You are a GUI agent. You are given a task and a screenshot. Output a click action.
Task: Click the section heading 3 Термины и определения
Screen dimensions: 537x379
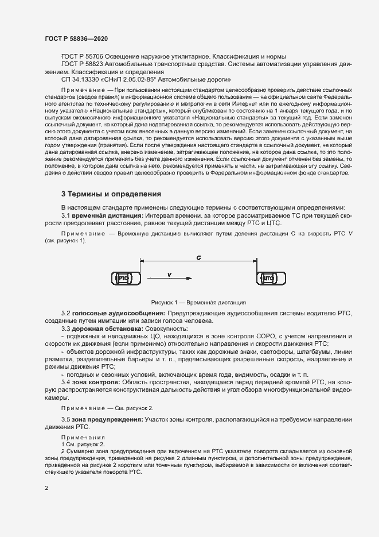point(111,194)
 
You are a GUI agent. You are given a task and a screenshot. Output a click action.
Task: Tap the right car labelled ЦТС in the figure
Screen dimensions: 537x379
point(268,279)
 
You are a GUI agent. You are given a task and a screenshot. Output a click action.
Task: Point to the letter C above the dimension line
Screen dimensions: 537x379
point(198,258)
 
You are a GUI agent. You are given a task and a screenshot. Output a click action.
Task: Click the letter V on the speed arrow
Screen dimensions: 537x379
point(170,275)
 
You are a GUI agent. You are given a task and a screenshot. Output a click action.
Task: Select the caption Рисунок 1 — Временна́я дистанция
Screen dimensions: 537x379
point(198,302)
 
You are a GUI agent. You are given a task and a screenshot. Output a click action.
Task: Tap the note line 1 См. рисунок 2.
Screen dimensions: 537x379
point(83,445)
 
